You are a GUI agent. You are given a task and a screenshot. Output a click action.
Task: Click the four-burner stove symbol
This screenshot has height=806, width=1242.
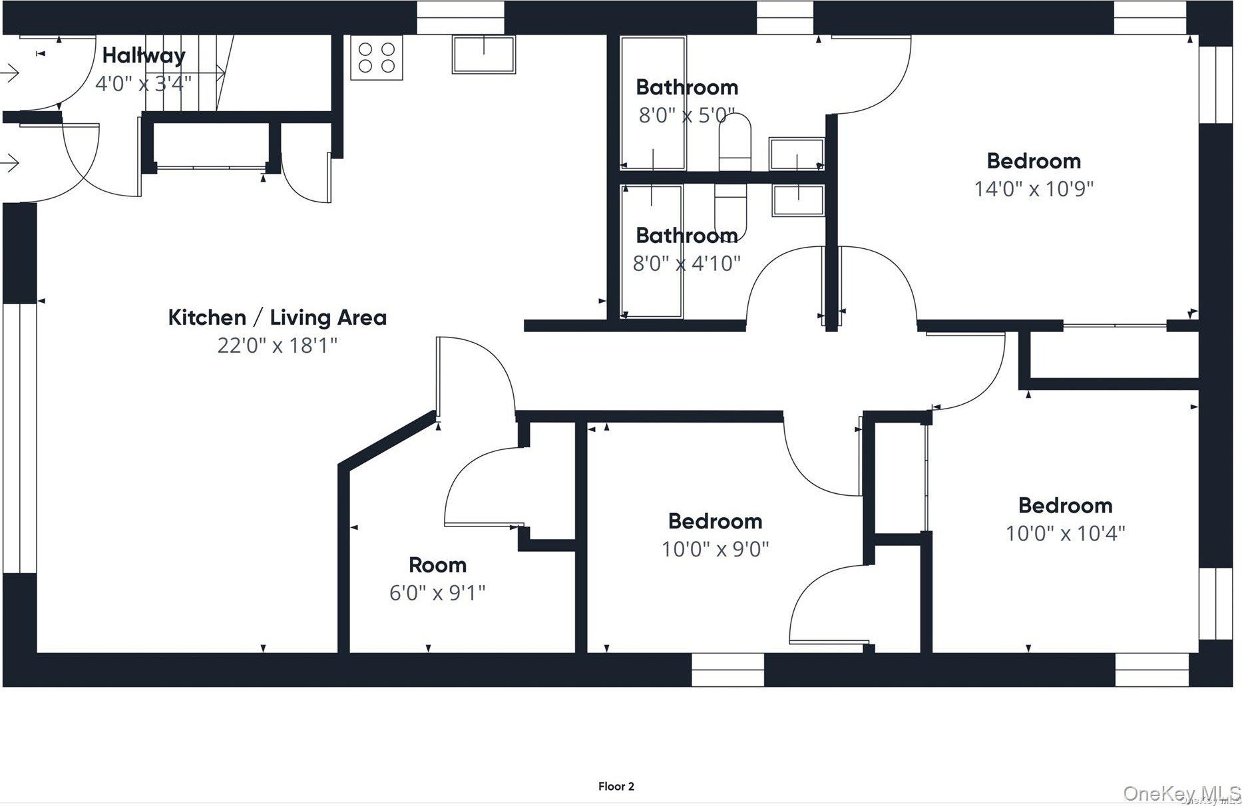point(376,57)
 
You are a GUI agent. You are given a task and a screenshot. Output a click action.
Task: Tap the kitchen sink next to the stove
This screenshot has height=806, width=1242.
point(484,54)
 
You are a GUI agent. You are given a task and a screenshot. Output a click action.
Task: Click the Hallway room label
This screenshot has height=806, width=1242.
point(144,56)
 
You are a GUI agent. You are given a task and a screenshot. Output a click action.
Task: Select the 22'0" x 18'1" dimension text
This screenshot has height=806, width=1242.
point(278,345)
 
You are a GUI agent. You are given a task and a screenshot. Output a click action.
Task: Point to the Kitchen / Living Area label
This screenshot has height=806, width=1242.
point(278,317)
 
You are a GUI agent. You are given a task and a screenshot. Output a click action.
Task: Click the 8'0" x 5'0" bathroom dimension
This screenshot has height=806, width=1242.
point(687,115)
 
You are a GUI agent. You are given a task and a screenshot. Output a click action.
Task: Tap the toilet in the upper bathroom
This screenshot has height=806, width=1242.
point(735,142)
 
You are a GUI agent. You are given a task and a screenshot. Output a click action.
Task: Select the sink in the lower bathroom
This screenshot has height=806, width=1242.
point(798,200)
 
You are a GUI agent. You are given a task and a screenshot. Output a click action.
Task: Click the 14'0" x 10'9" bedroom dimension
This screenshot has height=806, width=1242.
point(1034,189)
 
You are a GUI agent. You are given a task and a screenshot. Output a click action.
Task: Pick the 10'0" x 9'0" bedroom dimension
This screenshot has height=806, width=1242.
point(716,549)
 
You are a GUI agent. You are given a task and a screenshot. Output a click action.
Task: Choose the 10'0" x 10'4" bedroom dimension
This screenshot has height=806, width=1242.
point(1065,533)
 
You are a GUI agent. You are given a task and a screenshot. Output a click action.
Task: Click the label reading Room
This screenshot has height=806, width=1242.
point(437,565)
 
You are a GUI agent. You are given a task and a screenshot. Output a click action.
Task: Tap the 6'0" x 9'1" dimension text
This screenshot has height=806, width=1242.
point(437,592)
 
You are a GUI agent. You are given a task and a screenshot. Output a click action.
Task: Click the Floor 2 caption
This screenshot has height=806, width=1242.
point(616,787)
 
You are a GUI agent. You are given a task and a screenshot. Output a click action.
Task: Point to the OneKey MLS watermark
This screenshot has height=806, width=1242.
point(1181,793)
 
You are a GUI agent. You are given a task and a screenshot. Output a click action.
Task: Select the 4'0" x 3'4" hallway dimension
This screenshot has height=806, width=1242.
point(144,84)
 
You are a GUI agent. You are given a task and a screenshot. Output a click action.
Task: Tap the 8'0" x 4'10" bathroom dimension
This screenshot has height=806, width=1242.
point(686,264)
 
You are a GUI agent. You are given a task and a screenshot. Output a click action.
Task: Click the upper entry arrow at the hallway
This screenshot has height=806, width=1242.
point(10,72)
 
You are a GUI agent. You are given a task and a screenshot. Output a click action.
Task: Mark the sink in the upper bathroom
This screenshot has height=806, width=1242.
point(797,154)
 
